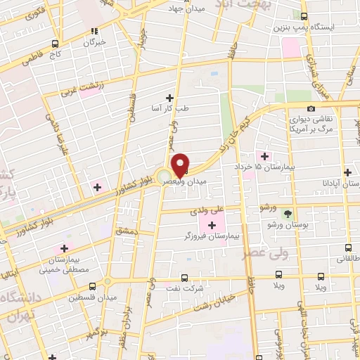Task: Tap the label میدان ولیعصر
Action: click(184, 181)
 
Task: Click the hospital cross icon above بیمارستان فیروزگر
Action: click(212, 224)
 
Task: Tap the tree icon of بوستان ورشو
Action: click(287, 213)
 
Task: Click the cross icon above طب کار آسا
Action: click(169, 97)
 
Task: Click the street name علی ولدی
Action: click(211, 209)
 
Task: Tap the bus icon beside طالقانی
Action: click(350, 247)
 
